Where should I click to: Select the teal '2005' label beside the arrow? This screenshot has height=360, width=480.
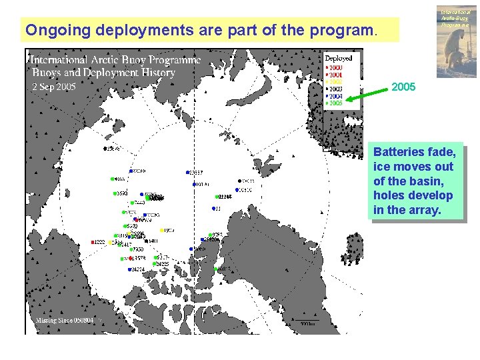tap(403, 87)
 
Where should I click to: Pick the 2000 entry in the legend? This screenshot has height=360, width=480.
tap(335, 67)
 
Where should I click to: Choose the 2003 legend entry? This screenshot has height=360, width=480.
tap(335, 89)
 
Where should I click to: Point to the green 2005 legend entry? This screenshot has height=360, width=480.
tap(335, 103)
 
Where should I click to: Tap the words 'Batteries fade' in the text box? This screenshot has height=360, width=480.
tap(414, 152)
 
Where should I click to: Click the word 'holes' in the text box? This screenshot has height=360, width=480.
tap(389, 196)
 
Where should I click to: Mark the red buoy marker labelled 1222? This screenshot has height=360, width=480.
tap(93, 242)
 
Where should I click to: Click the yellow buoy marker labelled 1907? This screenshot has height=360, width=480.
tap(161, 231)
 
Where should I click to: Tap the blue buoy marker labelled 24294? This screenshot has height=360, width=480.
tap(129, 269)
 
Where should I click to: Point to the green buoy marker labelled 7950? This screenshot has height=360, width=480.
tap(131, 249)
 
